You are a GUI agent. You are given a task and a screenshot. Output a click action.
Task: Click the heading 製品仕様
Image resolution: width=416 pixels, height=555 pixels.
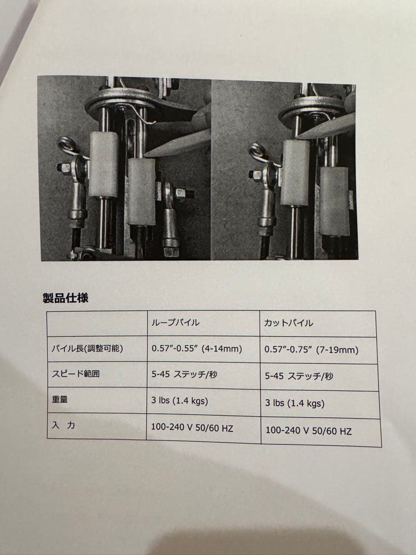click(x=65, y=298)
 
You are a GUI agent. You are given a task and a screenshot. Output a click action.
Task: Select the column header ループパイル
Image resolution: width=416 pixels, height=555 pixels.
click(x=175, y=322)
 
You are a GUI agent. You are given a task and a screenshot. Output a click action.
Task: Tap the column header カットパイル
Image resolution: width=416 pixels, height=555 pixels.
click(x=288, y=323)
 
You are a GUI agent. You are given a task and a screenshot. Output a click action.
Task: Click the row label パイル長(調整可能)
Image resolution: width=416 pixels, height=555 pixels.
click(x=87, y=348)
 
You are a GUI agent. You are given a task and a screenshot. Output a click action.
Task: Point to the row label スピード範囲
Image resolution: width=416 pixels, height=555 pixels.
click(x=75, y=374)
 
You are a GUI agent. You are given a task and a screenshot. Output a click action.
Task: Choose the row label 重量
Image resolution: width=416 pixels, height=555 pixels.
click(x=60, y=400)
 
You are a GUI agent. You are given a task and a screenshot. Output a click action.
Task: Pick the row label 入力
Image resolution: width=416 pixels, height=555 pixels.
click(x=64, y=425)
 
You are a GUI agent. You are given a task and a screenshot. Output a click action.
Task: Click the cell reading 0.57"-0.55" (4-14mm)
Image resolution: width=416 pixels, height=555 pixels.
click(x=197, y=349)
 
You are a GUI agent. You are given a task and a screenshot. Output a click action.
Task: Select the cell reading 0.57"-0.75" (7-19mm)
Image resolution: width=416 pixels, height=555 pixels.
click(x=311, y=350)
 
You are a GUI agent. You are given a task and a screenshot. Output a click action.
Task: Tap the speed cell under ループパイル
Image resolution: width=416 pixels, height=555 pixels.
click(x=184, y=375)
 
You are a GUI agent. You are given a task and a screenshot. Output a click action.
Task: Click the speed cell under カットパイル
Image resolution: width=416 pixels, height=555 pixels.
click(x=299, y=376)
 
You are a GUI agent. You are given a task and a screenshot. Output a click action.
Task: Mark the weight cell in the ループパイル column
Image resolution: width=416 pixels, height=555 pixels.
click(x=179, y=401)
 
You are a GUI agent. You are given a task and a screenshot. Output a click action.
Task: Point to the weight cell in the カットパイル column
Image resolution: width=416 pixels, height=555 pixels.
click(x=295, y=403)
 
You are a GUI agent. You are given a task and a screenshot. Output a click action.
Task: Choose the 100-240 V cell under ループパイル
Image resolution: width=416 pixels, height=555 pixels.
click(x=192, y=428)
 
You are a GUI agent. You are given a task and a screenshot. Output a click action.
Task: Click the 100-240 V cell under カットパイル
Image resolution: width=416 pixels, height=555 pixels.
click(x=309, y=431)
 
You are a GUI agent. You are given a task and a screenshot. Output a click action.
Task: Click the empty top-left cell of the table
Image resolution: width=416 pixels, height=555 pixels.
click(x=97, y=323)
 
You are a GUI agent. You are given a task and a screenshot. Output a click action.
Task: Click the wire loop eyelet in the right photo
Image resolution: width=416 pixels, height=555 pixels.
click(x=258, y=152)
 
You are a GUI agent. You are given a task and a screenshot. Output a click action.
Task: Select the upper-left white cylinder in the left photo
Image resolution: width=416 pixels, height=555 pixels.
click(x=103, y=164)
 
